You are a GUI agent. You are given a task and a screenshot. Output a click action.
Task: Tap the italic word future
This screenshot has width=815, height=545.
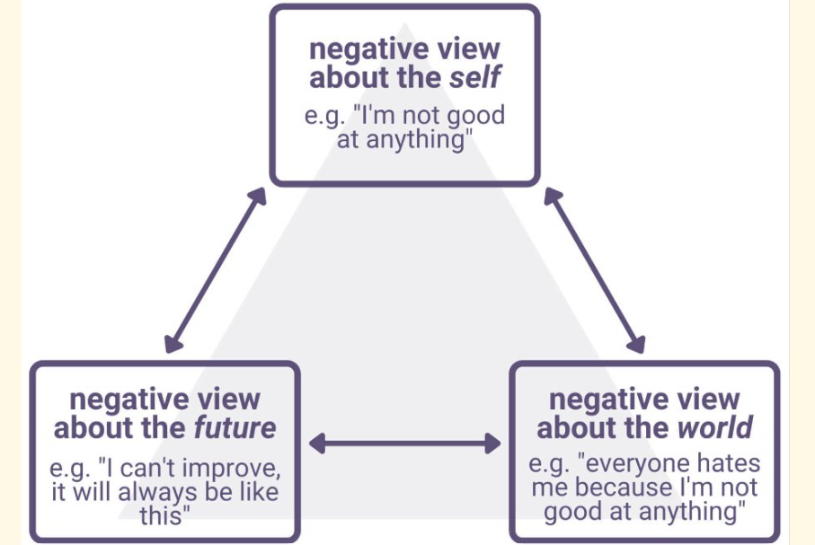pos(235,427)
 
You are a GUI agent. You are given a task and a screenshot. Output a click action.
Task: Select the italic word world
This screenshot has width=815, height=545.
pos(715,427)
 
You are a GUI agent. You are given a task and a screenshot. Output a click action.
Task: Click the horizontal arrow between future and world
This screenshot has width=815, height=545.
pos(404,443)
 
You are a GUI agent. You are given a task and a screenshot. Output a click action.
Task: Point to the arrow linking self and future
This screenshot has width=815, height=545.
pos(217,268)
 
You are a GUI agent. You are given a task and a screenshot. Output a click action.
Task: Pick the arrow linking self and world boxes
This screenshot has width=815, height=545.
pos(595,268)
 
